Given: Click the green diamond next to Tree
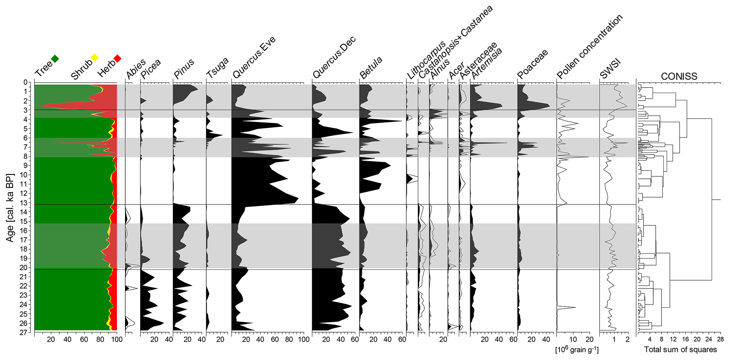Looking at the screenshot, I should tap(55, 59).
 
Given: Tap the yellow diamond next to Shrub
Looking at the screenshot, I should tap(94, 58).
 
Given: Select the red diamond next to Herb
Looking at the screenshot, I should tap(118, 58).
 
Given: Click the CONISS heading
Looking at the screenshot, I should tap(679, 77).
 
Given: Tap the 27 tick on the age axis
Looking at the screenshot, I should tap(25, 332).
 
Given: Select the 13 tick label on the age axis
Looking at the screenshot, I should tap(25, 203).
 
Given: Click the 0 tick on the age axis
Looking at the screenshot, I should tap(25, 82).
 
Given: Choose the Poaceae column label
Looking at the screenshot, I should tap(533, 64).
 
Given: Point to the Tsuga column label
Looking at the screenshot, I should tap(217, 68).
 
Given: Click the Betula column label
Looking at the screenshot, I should tap(371, 68).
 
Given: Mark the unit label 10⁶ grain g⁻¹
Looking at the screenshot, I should tap(577, 349).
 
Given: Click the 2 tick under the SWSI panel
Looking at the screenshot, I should tap(628, 340).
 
